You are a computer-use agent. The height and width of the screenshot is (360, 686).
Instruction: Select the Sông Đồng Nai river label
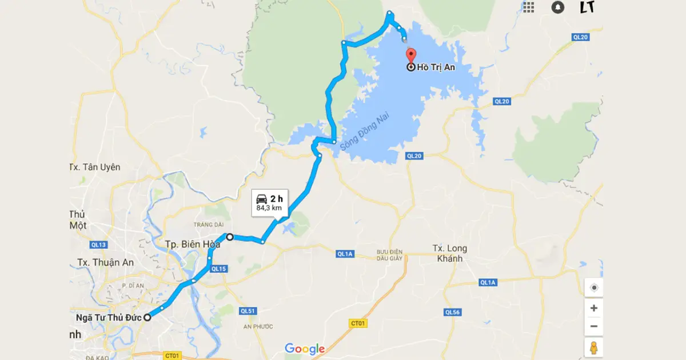click(x=360, y=133)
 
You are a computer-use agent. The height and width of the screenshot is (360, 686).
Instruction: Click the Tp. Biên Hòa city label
click(x=193, y=244)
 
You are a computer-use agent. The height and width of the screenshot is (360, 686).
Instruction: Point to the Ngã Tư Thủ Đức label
click(x=108, y=318)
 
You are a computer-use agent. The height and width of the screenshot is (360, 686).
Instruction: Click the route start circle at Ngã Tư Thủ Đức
click(x=147, y=317)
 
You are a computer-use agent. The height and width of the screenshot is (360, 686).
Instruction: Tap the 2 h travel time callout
click(x=269, y=202)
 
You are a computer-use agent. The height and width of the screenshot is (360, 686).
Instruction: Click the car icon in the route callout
click(x=261, y=198)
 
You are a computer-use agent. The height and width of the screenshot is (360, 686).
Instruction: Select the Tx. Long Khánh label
click(x=450, y=253)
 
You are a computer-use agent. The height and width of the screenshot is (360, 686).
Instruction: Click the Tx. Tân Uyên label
click(x=95, y=167)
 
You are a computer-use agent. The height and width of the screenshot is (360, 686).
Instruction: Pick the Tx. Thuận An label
click(x=106, y=262)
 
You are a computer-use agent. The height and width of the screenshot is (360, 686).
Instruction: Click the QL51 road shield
click(x=247, y=311)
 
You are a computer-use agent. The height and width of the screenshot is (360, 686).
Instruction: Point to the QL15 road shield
click(x=218, y=269)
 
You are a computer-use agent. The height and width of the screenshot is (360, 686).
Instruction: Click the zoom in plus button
click(x=593, y=308)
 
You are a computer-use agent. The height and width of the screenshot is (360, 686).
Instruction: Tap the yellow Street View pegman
click(x=593, y=347)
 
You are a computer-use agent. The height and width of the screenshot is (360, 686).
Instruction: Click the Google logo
click(x=305, y=349)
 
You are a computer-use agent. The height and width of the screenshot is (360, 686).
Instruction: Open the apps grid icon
click(x=528, y=7)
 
